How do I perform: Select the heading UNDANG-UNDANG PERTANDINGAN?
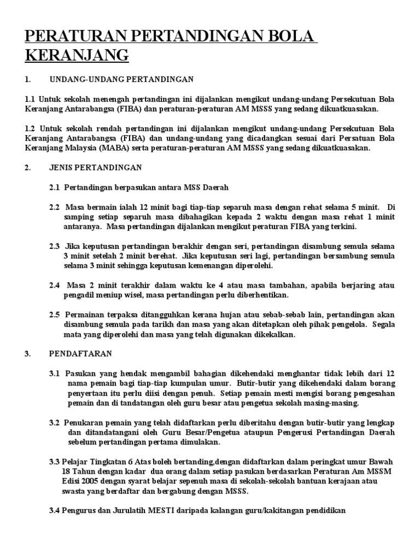[121, 79]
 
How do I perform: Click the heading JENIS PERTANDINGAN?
[96, 167]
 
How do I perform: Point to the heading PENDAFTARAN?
[80, 353]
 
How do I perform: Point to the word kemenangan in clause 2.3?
[205, 266]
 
